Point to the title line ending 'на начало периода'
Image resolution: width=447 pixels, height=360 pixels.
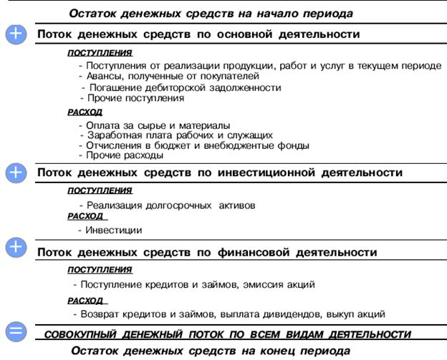pyautogui.click(x=211, y=13)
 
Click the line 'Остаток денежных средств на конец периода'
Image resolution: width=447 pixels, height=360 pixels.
pyautogui.click(x=211, y=350)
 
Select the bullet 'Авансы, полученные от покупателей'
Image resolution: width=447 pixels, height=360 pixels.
pyautogui.click(x=169, y=76)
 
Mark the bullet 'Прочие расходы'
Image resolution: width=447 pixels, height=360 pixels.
pyautogui.click(x=121, y=155)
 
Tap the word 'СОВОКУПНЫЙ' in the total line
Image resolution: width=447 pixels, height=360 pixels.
pyautogui.click(x=80, y=334)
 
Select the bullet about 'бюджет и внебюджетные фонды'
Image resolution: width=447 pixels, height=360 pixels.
pyautogui.click(x=193, y=145)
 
